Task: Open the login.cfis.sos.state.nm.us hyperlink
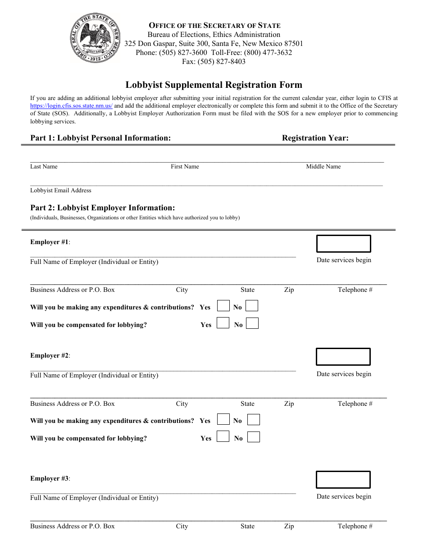pyautogui.click(x=71, y=106)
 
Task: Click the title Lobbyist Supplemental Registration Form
pyautogui.click(x=214, y=85)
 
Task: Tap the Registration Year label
pyautogui.click(x=315, y=138)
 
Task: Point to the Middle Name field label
pyautogui.click(x=323, y=167)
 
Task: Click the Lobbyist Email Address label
pyautogui.click(x=60, y=191)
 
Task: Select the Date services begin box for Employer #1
pyautogui.click(x=343, y=244)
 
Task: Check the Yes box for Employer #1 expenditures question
pyautogui.click(x=223, y=306)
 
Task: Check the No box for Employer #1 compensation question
pyautogui.click(x=252, y=323)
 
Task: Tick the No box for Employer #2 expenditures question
pyautogui.click(x=254, y=420)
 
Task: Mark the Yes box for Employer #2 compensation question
pyautogui.click(x=223, y=436)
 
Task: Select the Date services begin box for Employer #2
pyautogui.click(x=343, y=357)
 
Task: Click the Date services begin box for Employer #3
pyautogui.click(x=343, y=480)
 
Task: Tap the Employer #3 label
pyautogui.click(x=50, y=478)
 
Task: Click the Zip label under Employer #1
pyautogui.click(x=289, y=290)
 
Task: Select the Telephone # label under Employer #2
pyautogui.click(x=355, y=404)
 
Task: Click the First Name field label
pyautogui.click(x=185, y=167)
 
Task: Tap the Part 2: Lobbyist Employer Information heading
pyautogui.click(x=102, y=208)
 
